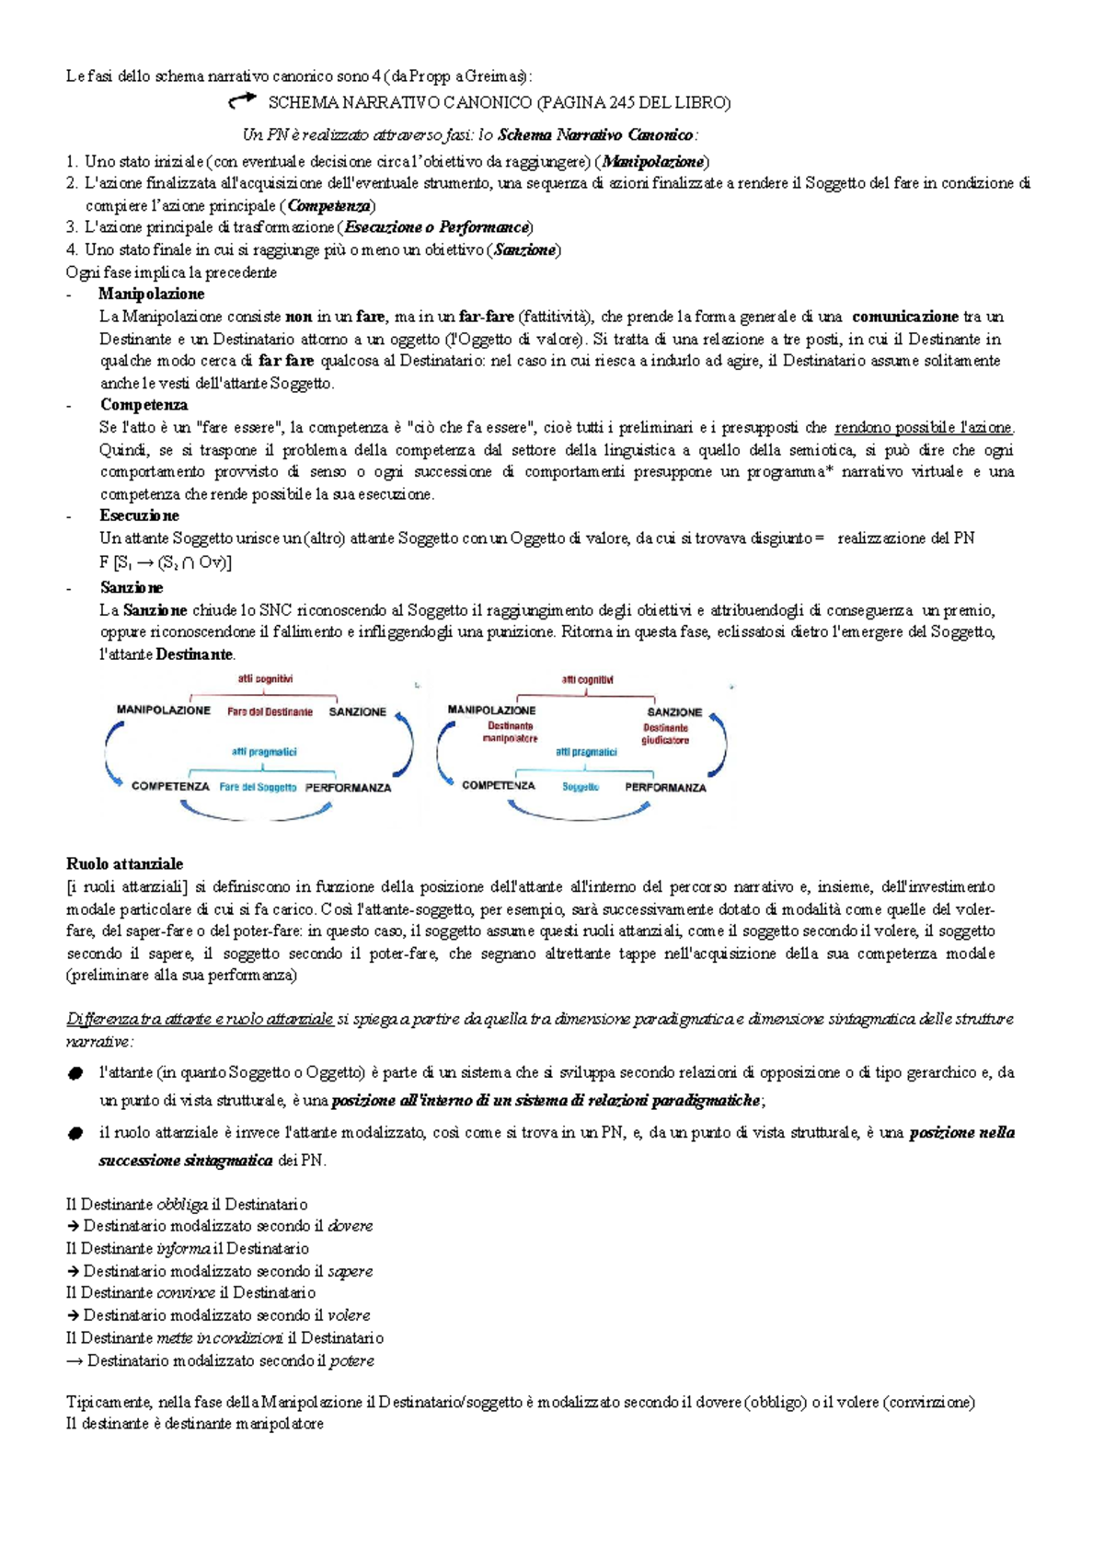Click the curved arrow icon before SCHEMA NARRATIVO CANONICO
tap(242, 100)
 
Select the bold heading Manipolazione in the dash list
tap(151, 295)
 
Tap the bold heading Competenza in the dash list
tap(144, 405)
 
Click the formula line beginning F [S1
tap(166, 562)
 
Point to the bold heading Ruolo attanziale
tap(124, 864)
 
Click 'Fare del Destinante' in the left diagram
tap(270, 712)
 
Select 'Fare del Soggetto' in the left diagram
tap(258, 788)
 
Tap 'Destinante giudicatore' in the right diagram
tap(665, 734)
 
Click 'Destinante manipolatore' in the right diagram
tap(510, 733)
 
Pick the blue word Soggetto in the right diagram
tap(581, 788)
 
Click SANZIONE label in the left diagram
tap(358, 712)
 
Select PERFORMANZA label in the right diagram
tap(665, 788)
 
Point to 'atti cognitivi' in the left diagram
tap(265, 679)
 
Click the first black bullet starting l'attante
tap(75, 1074)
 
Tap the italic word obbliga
tap(181, 1205)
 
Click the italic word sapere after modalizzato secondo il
tap(350, 1271)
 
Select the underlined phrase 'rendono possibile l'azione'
tap(923, 428)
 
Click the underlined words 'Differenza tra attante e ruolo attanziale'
tap(200, 1019)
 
